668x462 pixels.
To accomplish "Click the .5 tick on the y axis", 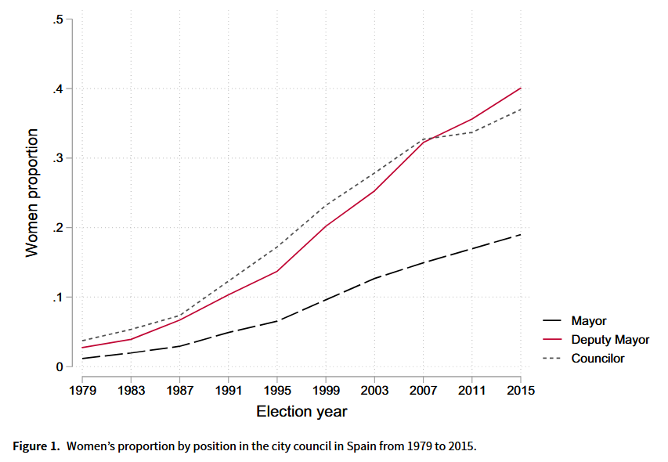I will coord(58,19).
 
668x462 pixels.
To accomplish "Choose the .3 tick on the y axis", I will coord(58,158).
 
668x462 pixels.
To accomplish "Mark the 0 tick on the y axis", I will coord(60,367).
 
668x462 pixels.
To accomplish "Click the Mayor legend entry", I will coord(588,321).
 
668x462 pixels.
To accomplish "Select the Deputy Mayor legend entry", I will coord(610,340).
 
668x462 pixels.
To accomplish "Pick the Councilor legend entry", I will coord(598,359).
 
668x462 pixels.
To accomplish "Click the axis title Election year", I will coord(302,411).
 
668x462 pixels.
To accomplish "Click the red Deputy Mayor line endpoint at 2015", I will coord(521,88).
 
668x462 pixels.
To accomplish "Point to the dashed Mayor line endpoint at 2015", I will coord(521,235).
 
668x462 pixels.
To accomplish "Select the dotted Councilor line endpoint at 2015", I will coord(521,109).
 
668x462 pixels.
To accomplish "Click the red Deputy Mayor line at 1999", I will coord(326,226).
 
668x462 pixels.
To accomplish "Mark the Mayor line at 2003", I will coord(374,278).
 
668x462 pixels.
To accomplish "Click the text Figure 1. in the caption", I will coord(36,446).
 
